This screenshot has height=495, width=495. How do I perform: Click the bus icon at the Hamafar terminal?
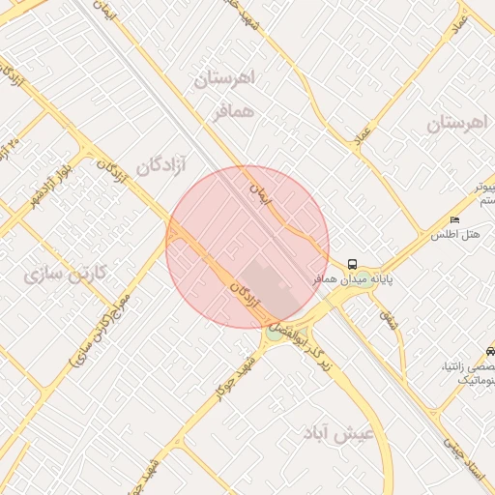pyautogui.click(x=351, y=263)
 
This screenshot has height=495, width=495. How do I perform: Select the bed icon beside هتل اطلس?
pyautogui.click(x=454, y=220)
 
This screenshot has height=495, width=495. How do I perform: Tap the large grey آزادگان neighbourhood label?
pyautogui.click(x=160, y=166)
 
